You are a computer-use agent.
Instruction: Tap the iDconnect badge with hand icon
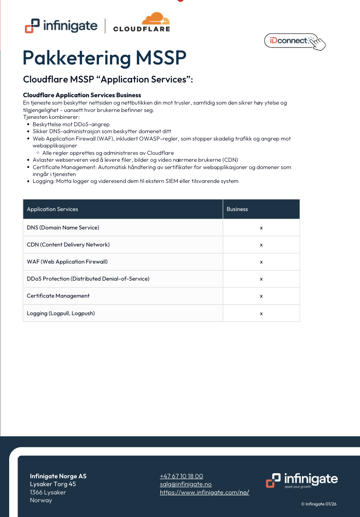click(295, 41)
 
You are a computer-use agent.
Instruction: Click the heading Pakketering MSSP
click(105, 58)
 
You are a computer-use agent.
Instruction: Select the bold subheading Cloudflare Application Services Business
click(82, 95)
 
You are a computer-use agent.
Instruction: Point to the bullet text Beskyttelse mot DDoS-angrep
click(71, 124)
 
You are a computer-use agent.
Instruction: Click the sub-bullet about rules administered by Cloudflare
click(108, 153)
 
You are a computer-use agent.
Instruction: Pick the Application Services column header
click(52, 209)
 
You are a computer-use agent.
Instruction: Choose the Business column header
click(237, 209)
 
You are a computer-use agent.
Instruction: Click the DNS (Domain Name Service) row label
click(63, 228)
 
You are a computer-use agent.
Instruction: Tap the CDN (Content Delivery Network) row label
click(68, 245)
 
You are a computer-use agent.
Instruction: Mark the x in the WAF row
click(261, 262)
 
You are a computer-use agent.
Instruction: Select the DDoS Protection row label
click(88, 279)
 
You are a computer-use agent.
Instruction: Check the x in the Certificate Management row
click(261, 296)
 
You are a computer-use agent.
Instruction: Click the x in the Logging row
click(261, 313)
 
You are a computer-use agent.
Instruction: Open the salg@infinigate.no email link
click(186, 484)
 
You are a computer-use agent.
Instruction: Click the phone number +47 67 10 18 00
click(181, 476)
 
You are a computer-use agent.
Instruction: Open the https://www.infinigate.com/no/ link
click(204, 492)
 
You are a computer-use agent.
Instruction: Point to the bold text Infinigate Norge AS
click(58, 476)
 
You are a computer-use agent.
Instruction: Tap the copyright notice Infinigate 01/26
click(319, 504)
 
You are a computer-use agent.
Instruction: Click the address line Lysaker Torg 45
click(53, 484)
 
